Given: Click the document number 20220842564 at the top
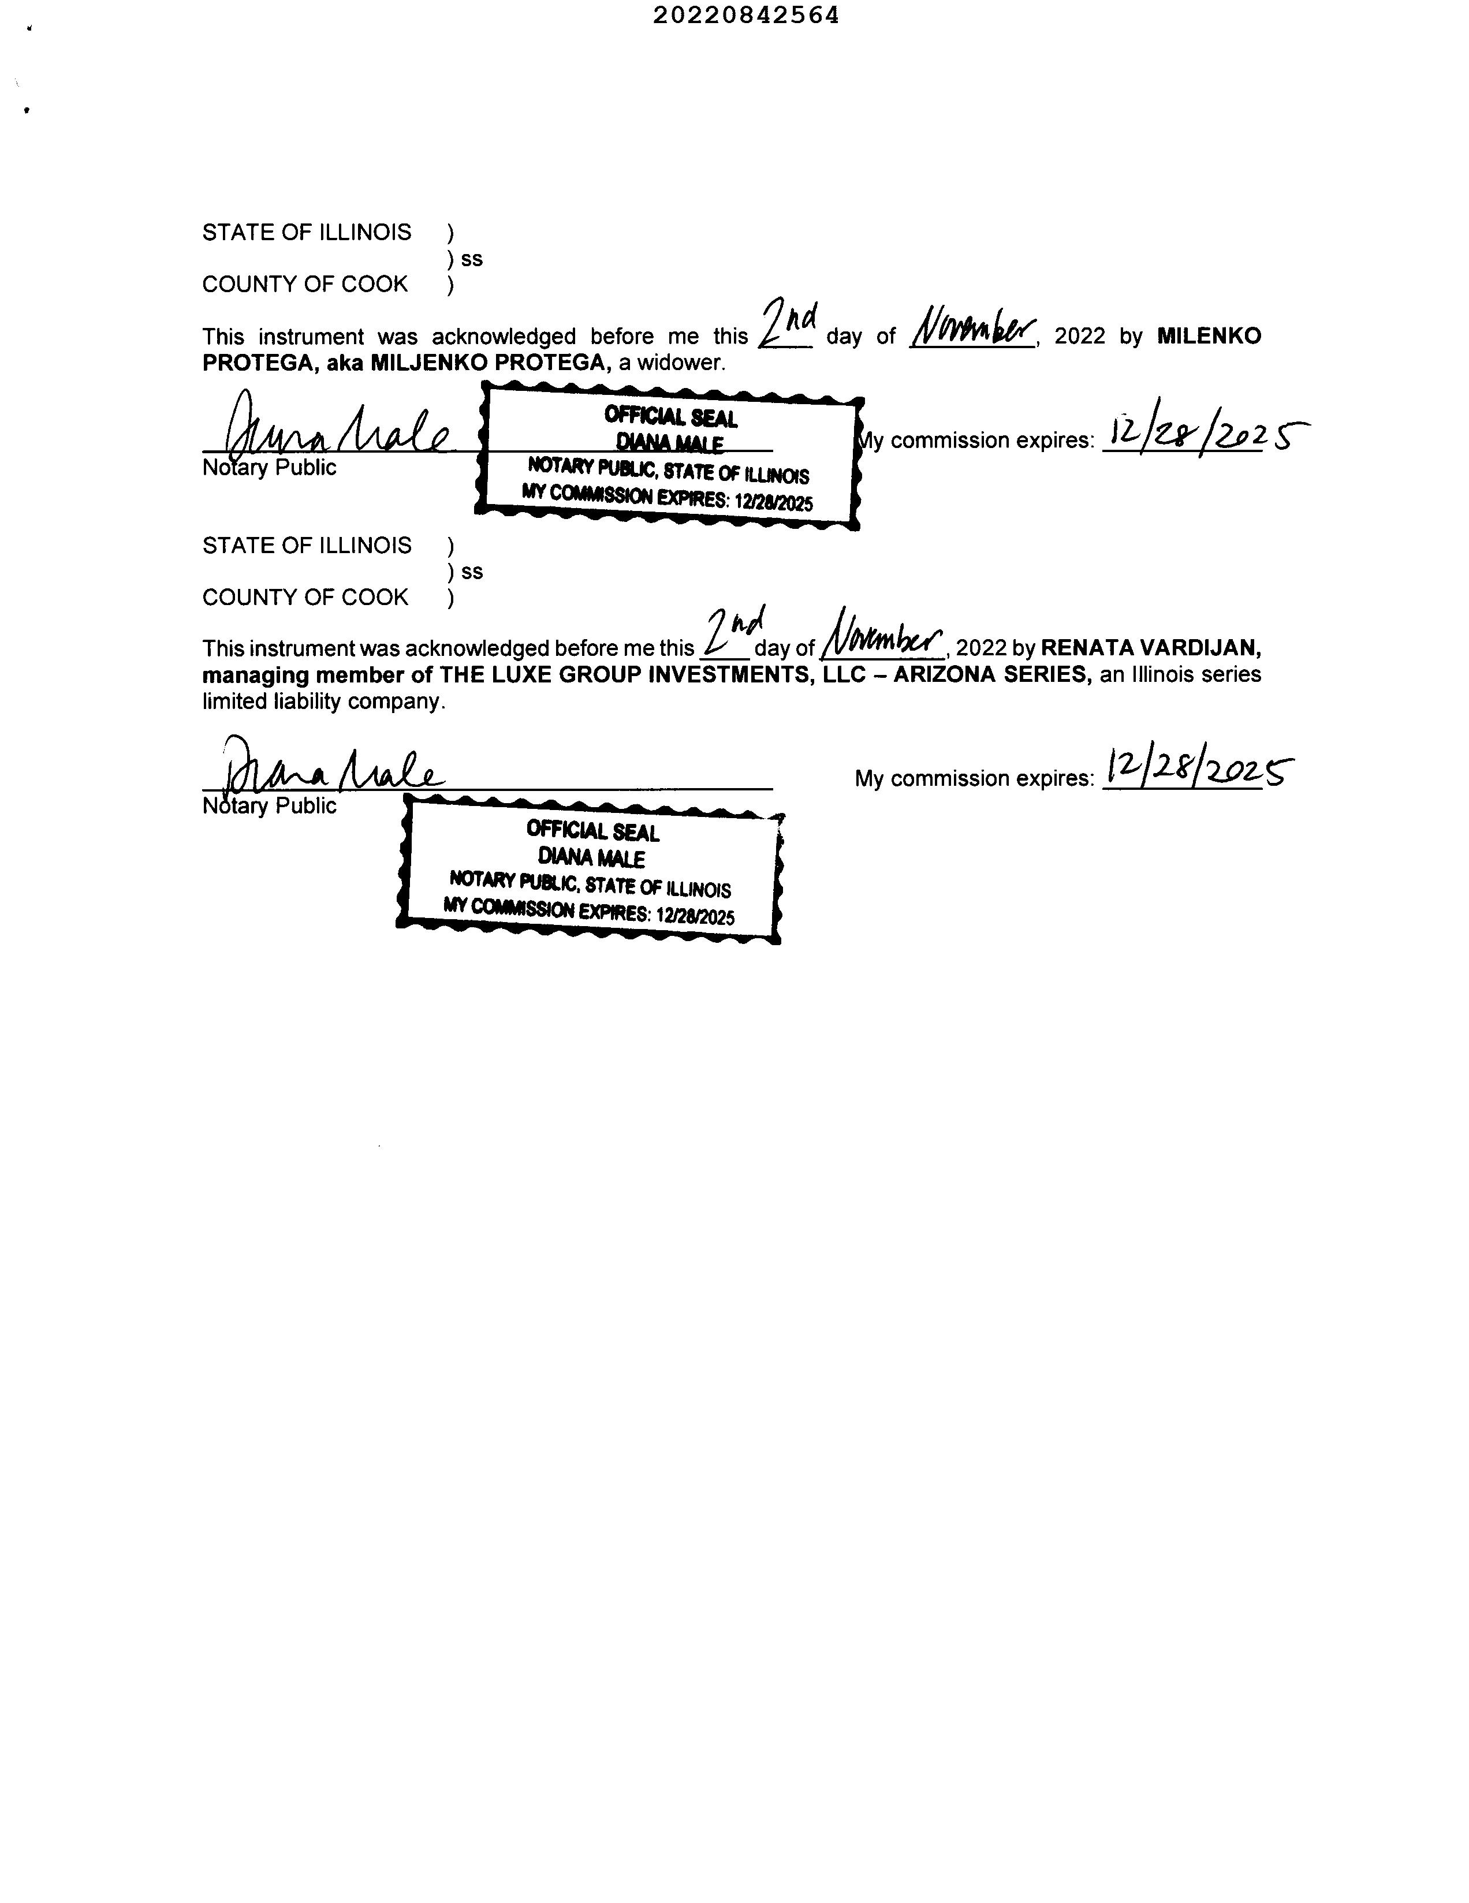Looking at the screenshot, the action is pyautogui.click(x=746, y=16).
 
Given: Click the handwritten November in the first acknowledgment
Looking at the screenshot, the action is pyautogui.click(x=972, y=329).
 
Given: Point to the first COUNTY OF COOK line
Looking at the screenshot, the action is pyautogui.click(x=305, y=284).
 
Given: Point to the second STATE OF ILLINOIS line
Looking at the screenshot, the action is pyautogui.click(x=307, y=546).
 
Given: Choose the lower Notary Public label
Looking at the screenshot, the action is pyautogui.click(x=269, y=805).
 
